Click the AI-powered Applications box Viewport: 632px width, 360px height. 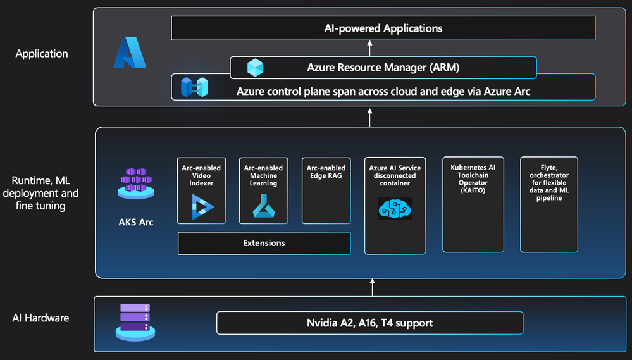click(x=383, y=28)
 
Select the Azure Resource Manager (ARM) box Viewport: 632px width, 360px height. click(x=383, y=68)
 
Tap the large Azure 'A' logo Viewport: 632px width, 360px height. click(x=130, y=53)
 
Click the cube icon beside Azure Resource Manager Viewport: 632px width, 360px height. click(x=255, y=68)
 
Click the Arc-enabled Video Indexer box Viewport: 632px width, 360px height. click(x=201, y=190)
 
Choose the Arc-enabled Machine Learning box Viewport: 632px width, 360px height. click(x=263, y=190)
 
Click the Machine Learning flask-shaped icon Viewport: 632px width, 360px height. click(x=263, y=207)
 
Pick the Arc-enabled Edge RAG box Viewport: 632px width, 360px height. click(x=326, y=190)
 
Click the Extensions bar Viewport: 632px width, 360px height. click(x=264, y=243)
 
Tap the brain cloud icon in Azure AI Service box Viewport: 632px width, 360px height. click(x=395, y=208)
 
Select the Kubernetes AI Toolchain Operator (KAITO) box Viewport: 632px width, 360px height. click(x=473, y=204)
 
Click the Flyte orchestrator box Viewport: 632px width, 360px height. click(x=548, y=204)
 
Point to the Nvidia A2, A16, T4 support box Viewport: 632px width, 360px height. click(x=369, y=323)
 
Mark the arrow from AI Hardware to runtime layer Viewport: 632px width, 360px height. click(x=372, y=288)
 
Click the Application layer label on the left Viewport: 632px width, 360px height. click(x=42, y=54)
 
